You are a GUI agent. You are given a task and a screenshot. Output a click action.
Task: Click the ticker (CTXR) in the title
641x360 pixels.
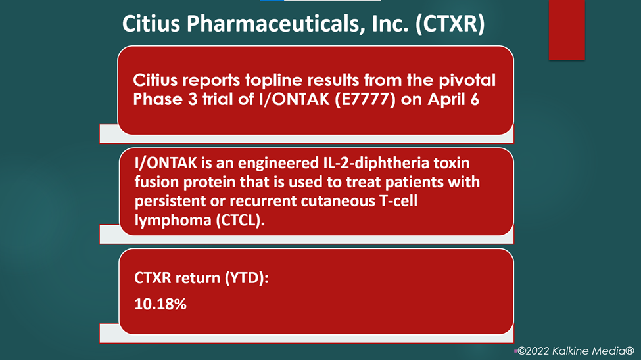[450, 24]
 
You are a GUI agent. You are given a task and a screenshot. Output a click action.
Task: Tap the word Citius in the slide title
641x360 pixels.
[151, 23]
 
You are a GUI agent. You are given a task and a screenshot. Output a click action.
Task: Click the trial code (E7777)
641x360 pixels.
[365, 99]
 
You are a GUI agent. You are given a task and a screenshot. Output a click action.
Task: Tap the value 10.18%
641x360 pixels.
[160, 304]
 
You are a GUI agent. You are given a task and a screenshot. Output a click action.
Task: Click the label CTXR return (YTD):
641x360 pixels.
[202, 278]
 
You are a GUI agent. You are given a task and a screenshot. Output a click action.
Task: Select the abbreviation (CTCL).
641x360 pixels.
[241, 220]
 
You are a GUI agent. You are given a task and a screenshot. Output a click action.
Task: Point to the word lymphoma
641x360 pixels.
[173, 221]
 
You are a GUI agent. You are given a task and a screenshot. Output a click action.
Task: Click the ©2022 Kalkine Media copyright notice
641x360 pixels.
[576, 351]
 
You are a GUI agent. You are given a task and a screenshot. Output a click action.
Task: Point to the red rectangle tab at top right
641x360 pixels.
[567, 30]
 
